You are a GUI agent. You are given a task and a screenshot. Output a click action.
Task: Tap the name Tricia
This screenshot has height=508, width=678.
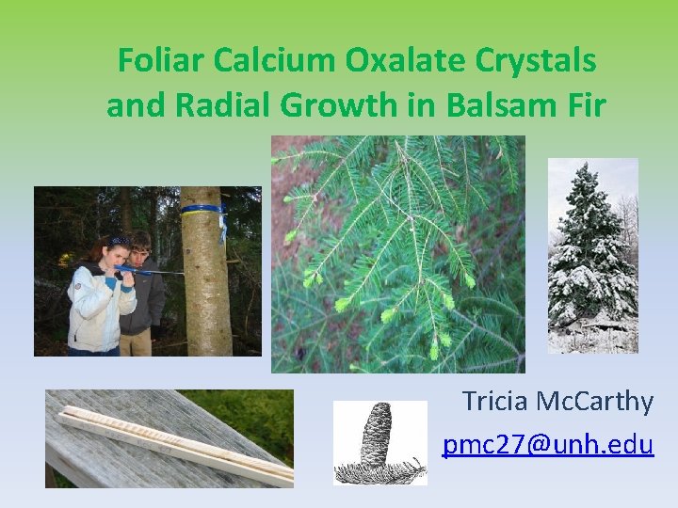coord(496,402)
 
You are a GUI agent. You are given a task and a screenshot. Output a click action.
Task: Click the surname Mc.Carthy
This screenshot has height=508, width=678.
coord(595,402)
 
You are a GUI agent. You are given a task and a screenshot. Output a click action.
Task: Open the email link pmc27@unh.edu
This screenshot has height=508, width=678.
coord(548,444)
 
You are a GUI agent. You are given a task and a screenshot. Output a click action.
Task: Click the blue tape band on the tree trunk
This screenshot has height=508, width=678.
coord(202,209)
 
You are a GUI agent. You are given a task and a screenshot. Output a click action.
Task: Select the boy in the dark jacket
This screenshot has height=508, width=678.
coord(144,292)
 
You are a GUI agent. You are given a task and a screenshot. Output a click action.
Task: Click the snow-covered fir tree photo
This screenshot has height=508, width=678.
coord(592,256)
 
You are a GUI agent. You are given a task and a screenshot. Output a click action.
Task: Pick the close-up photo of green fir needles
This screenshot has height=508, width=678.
coord(397,254)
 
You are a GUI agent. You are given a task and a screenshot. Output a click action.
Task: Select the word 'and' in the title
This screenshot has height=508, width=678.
coord(131,105)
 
